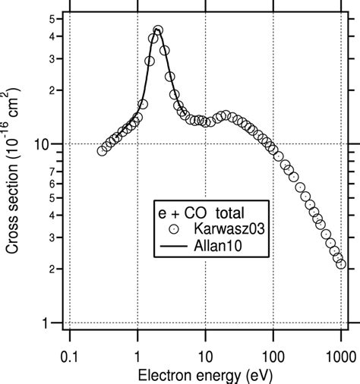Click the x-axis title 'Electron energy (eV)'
(x=204, y=375)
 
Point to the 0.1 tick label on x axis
(x=69, y=355)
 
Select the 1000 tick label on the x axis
(x=339, y=355)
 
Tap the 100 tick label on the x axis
(x=273, y=355)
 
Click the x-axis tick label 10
(x=205, y=355)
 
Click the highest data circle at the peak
(x=158, y=31)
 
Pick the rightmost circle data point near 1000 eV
(x=341, y=264)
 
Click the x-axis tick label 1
(x=137, y=355)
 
